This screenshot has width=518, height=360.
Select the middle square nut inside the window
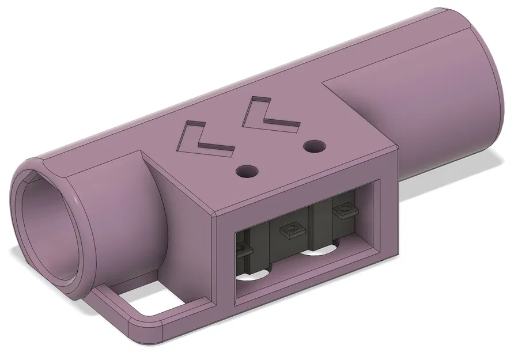coord(291,232)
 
